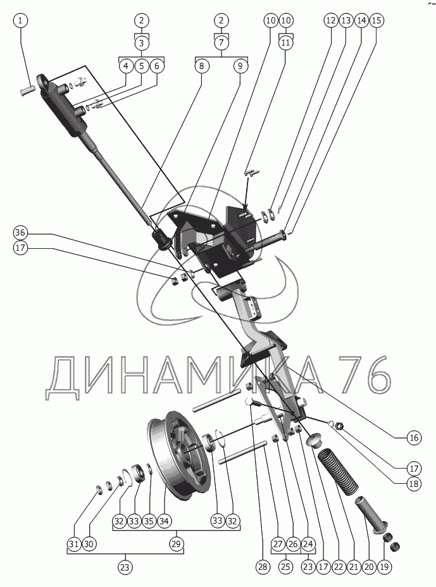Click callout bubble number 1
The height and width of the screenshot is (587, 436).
click(x=20, y=20)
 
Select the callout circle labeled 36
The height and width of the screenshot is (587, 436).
click(x=20, y=233)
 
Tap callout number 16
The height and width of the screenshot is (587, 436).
click(x=414, y=438)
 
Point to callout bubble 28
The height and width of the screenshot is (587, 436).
click(x=263, y=567)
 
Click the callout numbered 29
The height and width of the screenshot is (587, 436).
click(x=176, y=543)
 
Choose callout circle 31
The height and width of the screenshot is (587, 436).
click(x=75, y=543)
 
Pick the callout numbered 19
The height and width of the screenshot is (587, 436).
click(x=384, y=567)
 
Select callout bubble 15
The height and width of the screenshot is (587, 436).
click(x=377, y=20)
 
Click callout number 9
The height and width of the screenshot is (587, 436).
click(x=240, y=66)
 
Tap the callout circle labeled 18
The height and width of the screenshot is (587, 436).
click(x=414, y=484)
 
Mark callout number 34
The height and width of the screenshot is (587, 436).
click(x=164, y=521)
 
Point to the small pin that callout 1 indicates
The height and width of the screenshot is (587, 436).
click(x=27, y=90)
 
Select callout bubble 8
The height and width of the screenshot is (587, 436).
click(x=202, y=66)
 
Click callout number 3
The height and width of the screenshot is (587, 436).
click(x=142, y=42)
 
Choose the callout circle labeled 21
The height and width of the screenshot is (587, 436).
click(x=354, y=567)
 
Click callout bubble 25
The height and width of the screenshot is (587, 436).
click(x=285, y=567)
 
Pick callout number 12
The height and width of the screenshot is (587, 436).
click(x=331, y=20)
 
